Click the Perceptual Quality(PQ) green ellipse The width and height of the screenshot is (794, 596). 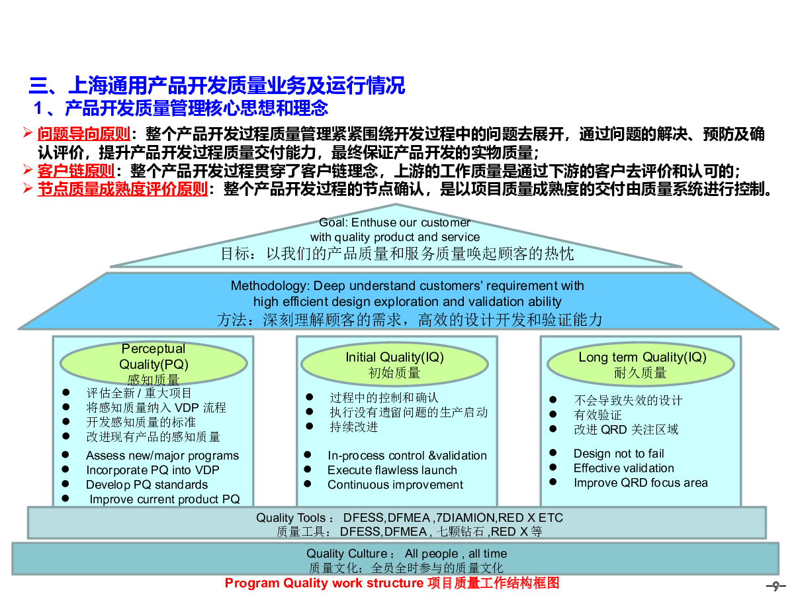tap(154, 364)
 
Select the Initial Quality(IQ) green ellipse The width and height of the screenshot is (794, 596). tap(394, 364)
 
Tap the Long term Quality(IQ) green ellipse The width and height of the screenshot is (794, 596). tap(640, 364)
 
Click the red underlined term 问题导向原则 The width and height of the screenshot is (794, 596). tap(83, 134)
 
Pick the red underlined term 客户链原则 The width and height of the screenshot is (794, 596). tap(76, 171)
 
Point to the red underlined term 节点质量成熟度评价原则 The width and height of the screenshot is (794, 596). tap(122, 189)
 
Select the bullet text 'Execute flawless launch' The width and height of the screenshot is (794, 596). tap(392, 470)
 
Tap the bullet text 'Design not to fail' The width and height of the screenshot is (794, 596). tap(618, 454)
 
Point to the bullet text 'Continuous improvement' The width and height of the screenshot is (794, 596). tap(395, 485)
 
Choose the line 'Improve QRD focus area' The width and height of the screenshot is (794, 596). tap(640, 483)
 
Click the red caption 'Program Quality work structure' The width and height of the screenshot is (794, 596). tap(324, 583)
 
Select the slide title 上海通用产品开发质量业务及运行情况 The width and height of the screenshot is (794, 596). tap(236, 86)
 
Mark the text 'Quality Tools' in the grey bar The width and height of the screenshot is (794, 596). tap(290, 518)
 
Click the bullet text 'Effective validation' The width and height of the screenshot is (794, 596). tap(623, 468)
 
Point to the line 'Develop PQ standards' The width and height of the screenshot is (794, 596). tap(146, 485)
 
